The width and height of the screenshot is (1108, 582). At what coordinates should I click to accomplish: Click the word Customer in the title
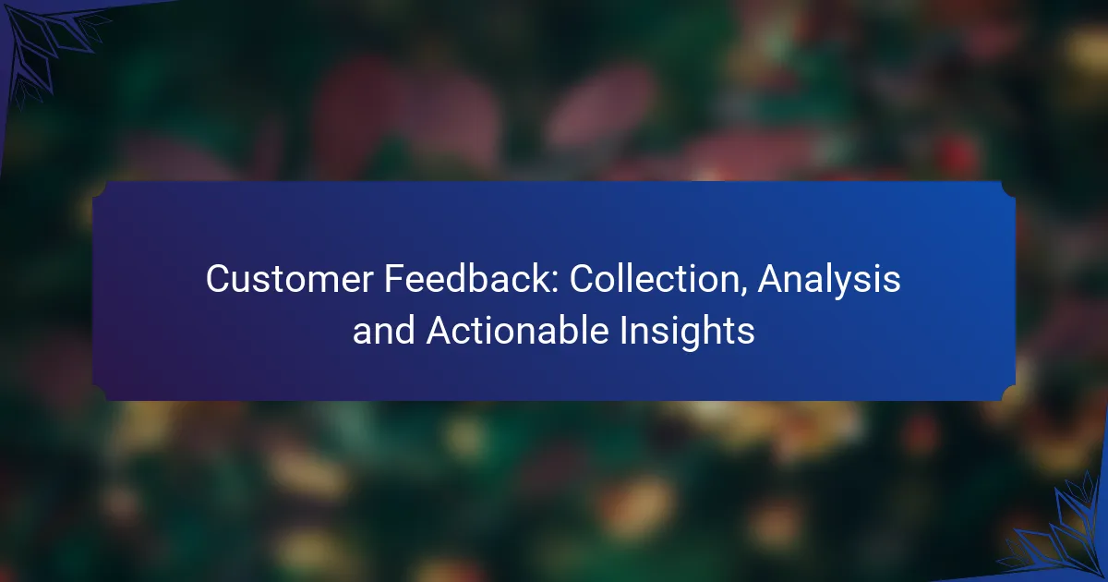click(289, 279)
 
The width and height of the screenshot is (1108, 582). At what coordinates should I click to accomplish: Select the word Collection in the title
click(654, 279)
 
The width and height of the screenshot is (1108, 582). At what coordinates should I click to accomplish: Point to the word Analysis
click(828, 281)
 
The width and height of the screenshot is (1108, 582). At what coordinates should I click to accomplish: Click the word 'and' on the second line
click(383, 331)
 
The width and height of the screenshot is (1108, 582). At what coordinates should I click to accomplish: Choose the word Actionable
click(517, 331)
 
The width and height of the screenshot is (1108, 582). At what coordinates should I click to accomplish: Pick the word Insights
click(687, 333)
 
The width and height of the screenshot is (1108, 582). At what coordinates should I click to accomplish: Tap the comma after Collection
click(743, 293)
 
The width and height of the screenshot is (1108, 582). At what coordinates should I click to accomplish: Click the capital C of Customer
click(219, 279)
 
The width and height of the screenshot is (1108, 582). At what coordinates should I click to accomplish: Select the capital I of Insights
click(623, 331)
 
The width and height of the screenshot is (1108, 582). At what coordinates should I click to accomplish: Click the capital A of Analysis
click(772, 279)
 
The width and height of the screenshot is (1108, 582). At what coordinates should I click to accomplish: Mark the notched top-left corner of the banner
click(99, 188)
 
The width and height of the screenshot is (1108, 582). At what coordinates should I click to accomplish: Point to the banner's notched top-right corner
click(1008, 188)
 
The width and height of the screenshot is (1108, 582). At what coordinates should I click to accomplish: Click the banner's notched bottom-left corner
click(99, 393)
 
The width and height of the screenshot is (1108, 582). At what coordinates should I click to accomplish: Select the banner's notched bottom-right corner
click(1008, 393)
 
